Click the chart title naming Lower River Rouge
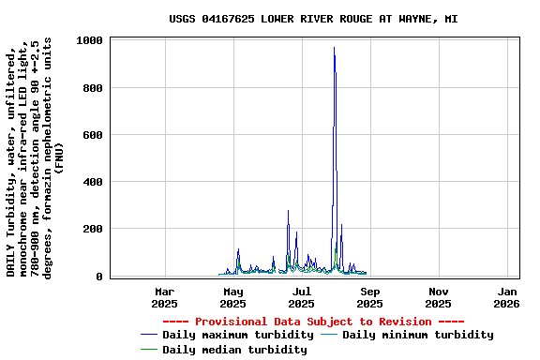pyautogui.click(x=313, y=19)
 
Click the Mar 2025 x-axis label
pyautogui.click(x=164, y=297)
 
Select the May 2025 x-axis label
pyautogui.click(x=232, y=297)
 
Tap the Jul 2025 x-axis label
pyautogui.click(x=301, y=297)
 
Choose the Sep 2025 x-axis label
pyautogui.click(x=369, y=297)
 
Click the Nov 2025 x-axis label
pyautogui.click(x=438, y=297)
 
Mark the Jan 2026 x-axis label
pyautogui.click(x=506, y=297)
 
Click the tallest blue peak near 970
pyautogui.click(x=334, y=49)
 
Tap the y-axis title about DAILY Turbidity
pyautogui.click(x=35, y=155)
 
